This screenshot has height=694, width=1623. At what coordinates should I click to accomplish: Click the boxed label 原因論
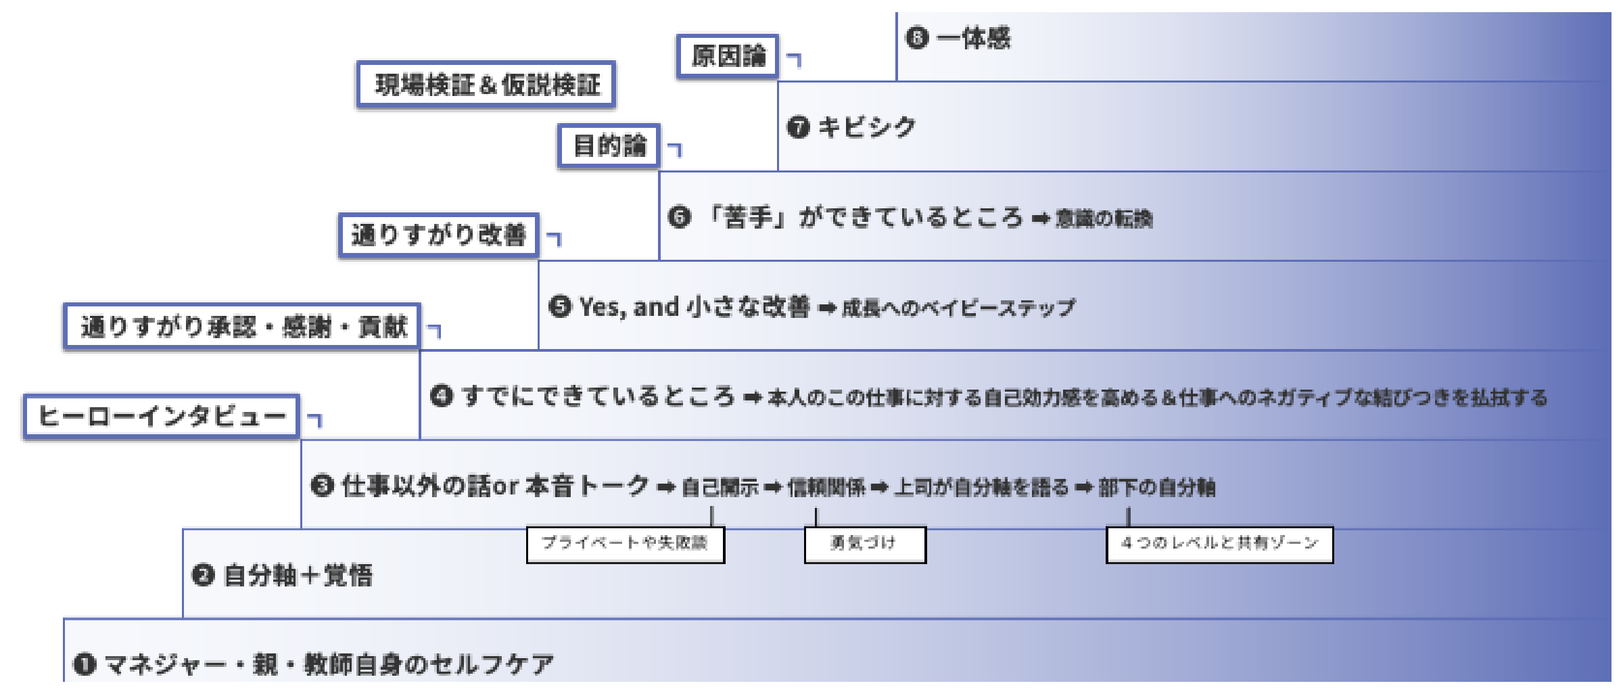tap(728, 56)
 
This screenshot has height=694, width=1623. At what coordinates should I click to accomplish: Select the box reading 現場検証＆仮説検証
tap(486, 85)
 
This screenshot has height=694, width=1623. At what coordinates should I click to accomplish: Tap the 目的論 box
tap(609, 145)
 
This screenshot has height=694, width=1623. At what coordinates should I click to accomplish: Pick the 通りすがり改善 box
tap(438, 235)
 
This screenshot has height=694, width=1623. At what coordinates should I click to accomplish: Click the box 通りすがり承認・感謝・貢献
tap(242, 327)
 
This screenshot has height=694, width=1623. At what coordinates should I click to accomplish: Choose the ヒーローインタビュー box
tap(161, 417)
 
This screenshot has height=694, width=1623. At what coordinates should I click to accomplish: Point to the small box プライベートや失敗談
tap(625, 544)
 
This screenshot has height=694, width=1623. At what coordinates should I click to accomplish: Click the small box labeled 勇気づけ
tap(864, 544)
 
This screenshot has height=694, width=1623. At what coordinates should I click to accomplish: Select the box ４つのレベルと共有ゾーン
tap(1219, 544)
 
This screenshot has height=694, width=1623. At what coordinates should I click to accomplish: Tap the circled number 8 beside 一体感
tap(917, 38)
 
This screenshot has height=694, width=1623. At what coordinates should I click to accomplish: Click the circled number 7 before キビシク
tap(798, 127)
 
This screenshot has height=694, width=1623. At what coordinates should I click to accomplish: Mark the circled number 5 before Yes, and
tap(560, 307)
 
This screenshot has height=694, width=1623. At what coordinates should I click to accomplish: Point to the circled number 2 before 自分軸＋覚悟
tap(204, 576)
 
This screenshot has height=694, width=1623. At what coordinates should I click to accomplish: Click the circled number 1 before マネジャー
tap(85, 664)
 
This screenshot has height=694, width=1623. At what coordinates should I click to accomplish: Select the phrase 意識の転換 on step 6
tap(1104, 219)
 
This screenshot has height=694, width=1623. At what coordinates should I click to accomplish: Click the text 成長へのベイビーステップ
tap(958, 308)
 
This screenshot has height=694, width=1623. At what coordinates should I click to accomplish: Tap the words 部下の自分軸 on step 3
tap(1156, 487)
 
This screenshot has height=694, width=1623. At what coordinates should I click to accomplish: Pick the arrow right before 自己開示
tap(666, 487)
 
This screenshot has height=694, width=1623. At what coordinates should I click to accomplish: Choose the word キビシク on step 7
tap(867, 127)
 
